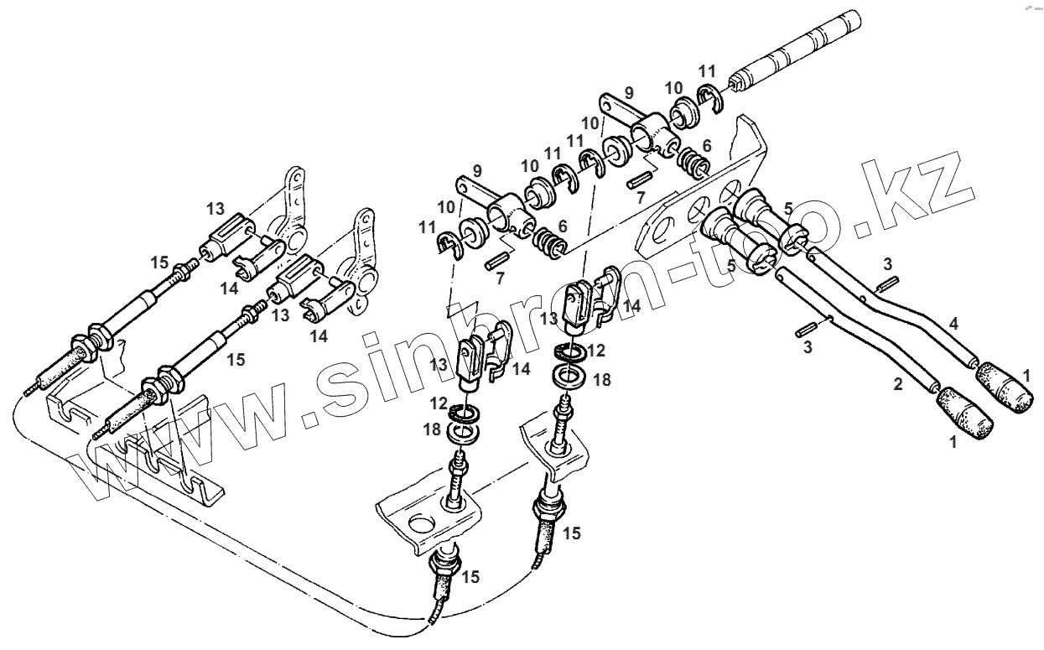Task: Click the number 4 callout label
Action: coord(953,323)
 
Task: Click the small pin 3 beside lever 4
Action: coord(889,285)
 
